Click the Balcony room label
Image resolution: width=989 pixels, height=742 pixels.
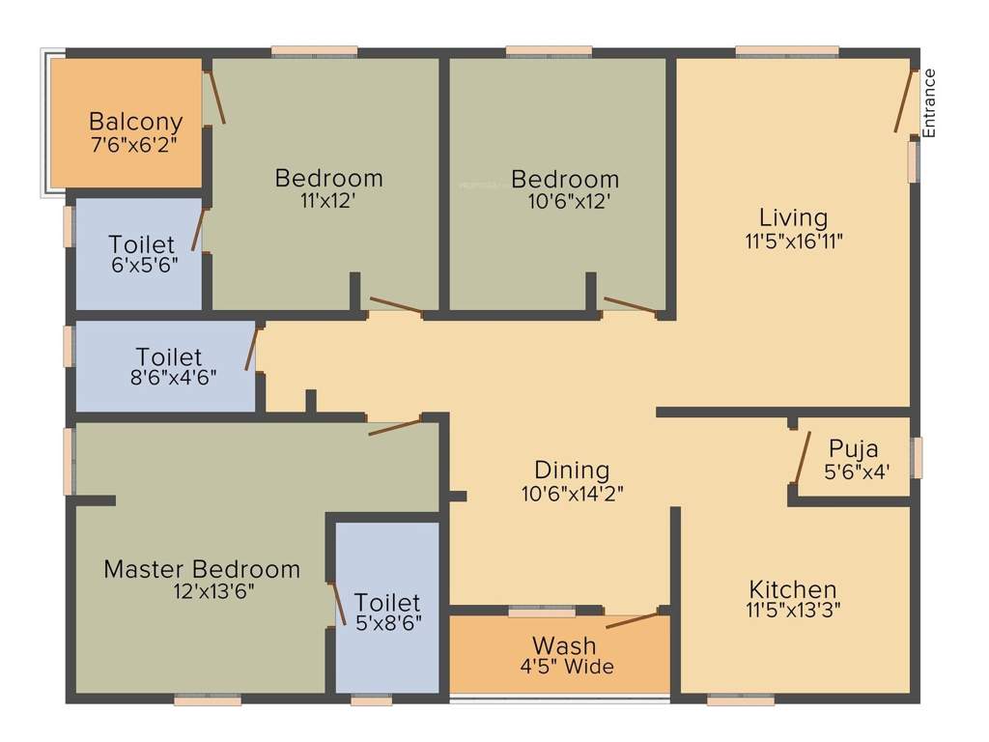(135, 122)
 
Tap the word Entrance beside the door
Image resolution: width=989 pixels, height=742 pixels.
(929, 102)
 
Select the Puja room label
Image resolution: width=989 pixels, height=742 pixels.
(854, 449)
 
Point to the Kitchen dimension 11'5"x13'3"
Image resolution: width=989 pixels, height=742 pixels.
(793, 611)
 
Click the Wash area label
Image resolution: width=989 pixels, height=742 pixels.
(564, 645)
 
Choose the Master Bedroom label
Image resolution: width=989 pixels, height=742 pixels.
(202, 569)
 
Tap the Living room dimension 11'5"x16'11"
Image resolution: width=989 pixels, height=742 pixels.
(794, 242)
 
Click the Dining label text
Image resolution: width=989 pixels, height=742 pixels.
(572, 471)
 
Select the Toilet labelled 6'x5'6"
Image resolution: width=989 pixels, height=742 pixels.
(142, 244)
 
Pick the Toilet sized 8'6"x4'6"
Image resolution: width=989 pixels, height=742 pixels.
(169, 357)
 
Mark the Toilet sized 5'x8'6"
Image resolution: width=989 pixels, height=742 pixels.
(387, 602)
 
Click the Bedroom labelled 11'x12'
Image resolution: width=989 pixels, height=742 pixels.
(328, 179)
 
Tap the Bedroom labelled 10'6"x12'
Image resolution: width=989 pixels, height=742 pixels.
(565, 180)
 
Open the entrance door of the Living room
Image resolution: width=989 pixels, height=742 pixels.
(904, 100)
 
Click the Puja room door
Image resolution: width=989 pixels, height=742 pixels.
(801, 456)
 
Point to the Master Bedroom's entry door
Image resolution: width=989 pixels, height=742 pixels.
(394, 426)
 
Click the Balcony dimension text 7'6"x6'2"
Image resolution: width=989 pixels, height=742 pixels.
(134, 143)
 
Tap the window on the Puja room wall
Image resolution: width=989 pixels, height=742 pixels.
(917, 456)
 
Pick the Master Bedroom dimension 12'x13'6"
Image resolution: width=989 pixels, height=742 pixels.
(209, 590)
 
